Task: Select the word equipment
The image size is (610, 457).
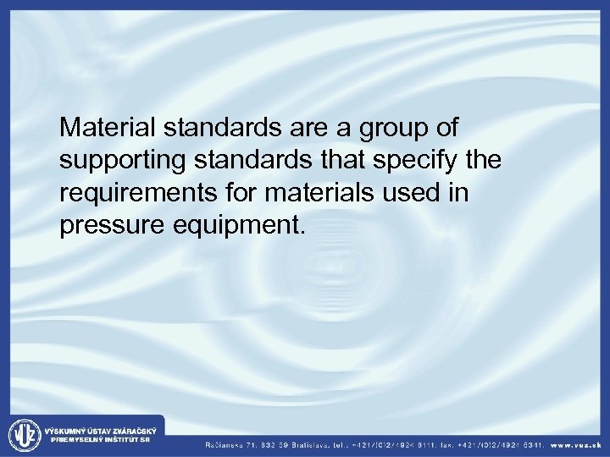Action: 226,227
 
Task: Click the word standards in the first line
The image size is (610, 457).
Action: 219,128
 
